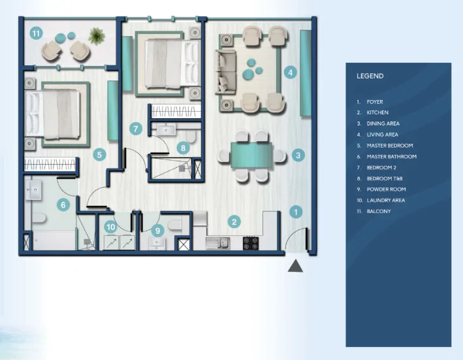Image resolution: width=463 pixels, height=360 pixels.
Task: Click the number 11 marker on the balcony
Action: pyautogui.click(x=36, y=33)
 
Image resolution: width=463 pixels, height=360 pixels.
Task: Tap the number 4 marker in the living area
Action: pyautogui.click(x=290, y=73)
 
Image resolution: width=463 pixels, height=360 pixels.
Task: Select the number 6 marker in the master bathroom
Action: pyautogui.click(x=63, y=205)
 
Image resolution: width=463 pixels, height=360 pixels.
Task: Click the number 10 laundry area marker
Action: pyautogui.click(x=111, y=227)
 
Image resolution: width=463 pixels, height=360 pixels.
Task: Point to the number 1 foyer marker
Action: pyautogui.click(x=296, y=212)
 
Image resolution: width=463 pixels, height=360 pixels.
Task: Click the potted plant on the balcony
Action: pyautogui.click(x=97, y=36)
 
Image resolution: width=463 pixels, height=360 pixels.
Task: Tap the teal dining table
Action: pyautogui.click(x=251, y=155)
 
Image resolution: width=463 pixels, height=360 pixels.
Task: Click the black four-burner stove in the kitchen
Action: pyautogui.click(x=251, y=243)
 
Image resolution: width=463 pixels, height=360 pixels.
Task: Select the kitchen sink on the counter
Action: pyautogui.click(x=218, y=243)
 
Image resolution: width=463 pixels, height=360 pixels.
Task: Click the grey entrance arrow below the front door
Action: pyautogui.click(x=295, y=266)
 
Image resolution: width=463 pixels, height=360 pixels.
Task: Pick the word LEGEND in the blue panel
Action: pyautogui.click(x=370, y=76)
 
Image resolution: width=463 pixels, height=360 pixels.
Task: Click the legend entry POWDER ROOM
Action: pyautogui.click(x=386, y=189)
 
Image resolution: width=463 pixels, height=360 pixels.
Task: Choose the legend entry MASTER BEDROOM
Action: pyautogui.click(x=390, y=146)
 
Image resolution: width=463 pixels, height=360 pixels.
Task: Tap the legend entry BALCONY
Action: pyautogui.click(x=379, y=211)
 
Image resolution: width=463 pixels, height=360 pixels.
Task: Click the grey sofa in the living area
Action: pyautogui.click(x=225, y=72)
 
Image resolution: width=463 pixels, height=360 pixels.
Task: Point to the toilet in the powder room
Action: pyautogui.click(x=175, y=225)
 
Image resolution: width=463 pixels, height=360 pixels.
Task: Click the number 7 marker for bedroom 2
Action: pyautogui.click(x=136, y=129)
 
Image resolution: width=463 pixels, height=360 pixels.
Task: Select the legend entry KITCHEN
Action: pyautogui.click(x=377, y=112)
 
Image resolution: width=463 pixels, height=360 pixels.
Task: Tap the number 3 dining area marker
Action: pyautogui.click(x=298, y=155)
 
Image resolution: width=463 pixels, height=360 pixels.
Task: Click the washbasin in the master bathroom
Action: pyautogui.click(x=33, y=190)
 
